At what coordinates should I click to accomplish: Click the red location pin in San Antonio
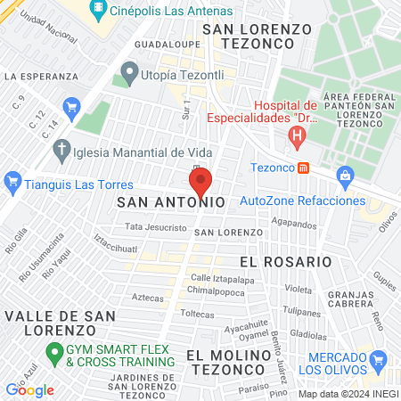click(x=200, y=181)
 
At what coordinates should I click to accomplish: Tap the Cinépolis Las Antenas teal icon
click(x=99, y=12)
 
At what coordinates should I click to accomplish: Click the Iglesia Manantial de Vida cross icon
click(x=61, y=150)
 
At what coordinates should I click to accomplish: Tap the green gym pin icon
click(x=53, y=351)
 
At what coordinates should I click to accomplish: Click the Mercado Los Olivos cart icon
click(x=378, y=361)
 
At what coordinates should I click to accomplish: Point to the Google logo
click(x=30, y=389)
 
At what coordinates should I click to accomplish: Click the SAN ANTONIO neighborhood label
click(x=170, y=203)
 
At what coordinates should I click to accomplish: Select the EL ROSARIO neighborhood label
click(x=285, y=262)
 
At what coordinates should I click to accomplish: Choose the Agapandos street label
click(x=293, y=225)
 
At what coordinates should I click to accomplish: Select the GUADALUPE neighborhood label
click(x=160, y=43)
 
